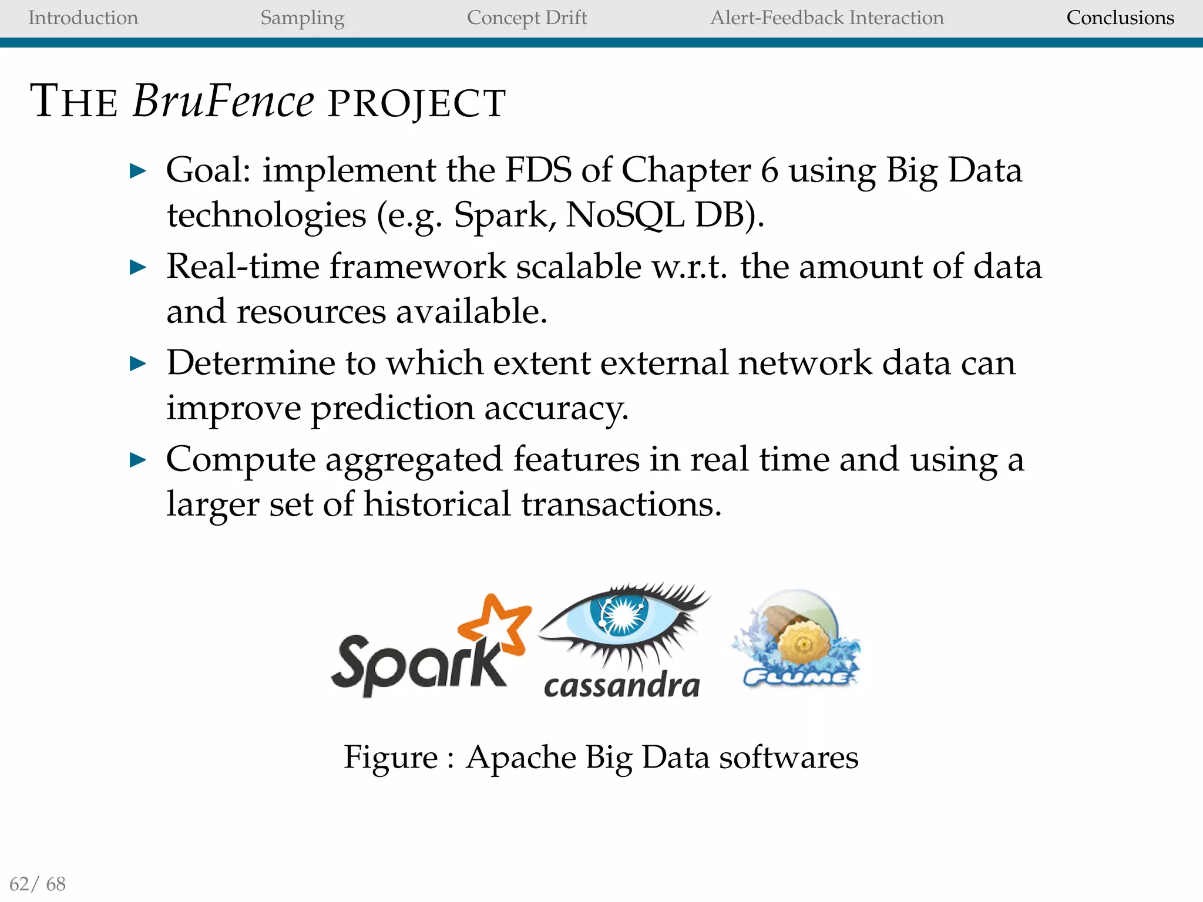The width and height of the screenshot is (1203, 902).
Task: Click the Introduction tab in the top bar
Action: pos(83,18)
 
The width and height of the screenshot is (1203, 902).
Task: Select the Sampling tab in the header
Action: pos(302,18)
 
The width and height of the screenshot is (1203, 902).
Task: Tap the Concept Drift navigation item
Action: pos(527,18)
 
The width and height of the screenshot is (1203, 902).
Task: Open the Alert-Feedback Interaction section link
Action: pos(827,18)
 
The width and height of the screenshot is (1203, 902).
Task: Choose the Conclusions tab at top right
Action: pos(1120,18)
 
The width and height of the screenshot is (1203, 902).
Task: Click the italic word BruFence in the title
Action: pos(223,101)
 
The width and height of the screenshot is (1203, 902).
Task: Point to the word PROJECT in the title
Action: pos(416,103)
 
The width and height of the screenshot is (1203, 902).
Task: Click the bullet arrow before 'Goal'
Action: pos(137,171)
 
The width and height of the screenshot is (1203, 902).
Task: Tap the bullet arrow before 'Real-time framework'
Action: pos(137,268)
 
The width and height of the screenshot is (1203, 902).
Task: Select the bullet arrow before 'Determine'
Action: pos(137,364)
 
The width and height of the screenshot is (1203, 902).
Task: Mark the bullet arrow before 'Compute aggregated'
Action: pos(137,460)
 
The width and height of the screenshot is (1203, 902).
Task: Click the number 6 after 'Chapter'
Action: pos(769,170)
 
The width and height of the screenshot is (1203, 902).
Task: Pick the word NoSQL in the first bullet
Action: pos(625,215)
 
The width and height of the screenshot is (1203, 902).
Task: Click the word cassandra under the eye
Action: pos(622,685)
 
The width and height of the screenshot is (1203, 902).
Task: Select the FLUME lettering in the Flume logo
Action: pos(795,678)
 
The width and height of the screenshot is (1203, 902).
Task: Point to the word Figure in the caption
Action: pos(391,758)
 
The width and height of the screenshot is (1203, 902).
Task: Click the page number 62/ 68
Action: pos(38,884)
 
